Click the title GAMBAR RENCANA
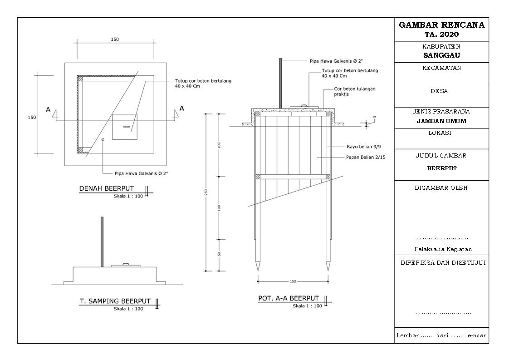(441, 25)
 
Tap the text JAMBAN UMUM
(441, 121)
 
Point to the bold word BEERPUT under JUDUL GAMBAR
(441, 168)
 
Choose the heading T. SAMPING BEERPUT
(115, 301)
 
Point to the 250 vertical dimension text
(207, 192)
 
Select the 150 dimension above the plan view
(115, 39)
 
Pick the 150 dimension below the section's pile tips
(293, 281)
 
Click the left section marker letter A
(48, 109)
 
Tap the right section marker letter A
(182, 108)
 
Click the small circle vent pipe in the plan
(103, 139)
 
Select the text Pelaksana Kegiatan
(442, 249)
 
